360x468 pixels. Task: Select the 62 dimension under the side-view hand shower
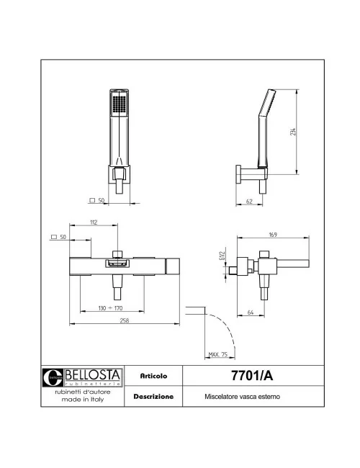click(x=248, y=201)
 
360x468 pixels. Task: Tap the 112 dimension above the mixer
click(x=94, y=222)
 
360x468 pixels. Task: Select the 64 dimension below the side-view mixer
click(x=249, y=312)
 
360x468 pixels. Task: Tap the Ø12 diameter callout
click(x=221, y=256)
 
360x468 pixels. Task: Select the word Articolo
click(x=153, y=376)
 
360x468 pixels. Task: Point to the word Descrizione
click(x=153, y=396)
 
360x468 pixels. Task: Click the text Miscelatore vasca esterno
click(x=242, y=397)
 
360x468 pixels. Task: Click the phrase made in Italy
click(x=83, y=400)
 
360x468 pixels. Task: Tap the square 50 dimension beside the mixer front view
click(x=60, y=236)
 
